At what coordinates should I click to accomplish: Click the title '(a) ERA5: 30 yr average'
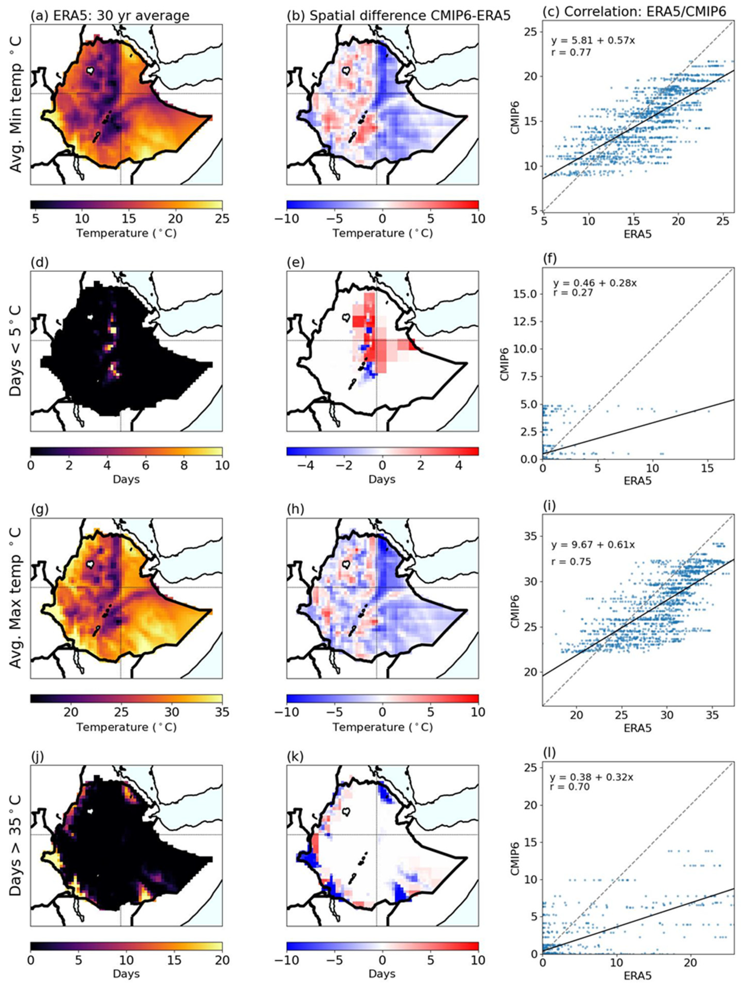(x=110, y=16)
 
